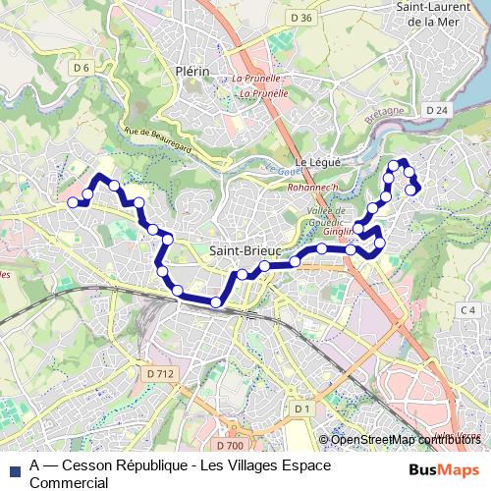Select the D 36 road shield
[301, 18]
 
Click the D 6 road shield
[82, 67]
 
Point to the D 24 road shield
[437, 110]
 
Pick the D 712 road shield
[158, 373]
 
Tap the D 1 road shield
[301, 408]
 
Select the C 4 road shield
[468, 310]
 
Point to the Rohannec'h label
[316, 189]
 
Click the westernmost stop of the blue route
[72, 202]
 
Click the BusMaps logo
[444, 469]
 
